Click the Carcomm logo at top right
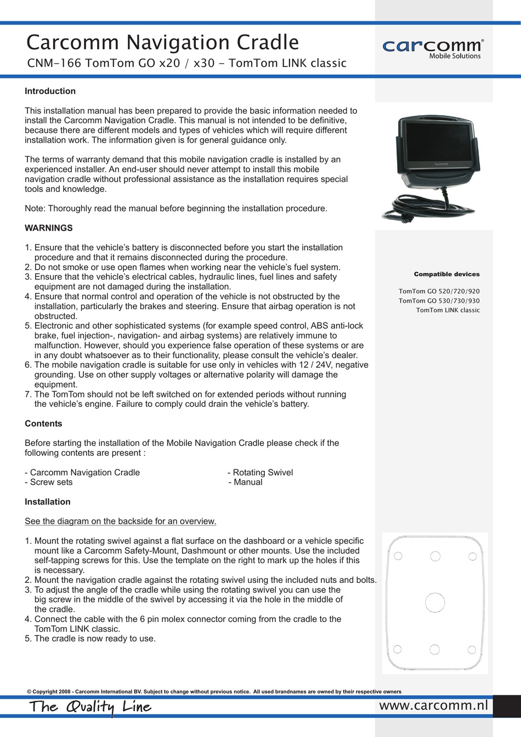coord(432,48)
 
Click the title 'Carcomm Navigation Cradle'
coord(162,42)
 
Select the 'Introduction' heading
coord(50,91)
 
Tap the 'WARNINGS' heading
coord(49,228)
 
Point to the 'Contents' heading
coord(43,423)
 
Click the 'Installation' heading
coord(48,502)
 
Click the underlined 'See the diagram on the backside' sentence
coord(120,521)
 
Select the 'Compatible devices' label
coord(446,274)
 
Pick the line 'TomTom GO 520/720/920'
coord(439,291)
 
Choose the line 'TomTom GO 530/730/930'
coord(439,301)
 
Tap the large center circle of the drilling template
coord(435,602)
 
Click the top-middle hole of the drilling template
coord(435,556)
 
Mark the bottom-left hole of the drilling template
coord(398,650)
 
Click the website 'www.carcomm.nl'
coord(433,705)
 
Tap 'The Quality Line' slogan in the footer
coord(90,707)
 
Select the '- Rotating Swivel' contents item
coord(260,472)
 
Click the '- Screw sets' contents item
coord(49,482)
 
